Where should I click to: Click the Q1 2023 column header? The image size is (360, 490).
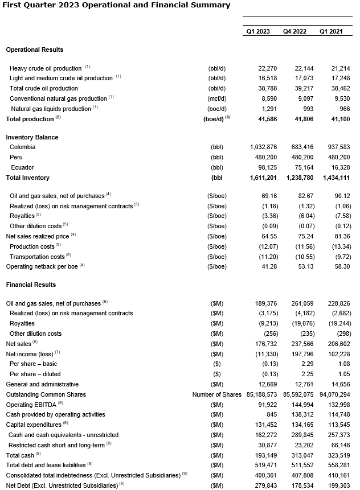[x=258, y=32]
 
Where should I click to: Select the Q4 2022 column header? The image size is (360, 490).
[x=294, y=32]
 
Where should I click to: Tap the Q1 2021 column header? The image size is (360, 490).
[x=331, y=32]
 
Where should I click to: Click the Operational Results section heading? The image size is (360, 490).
[x=35, y=50]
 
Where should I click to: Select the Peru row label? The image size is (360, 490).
[x=16, y=157]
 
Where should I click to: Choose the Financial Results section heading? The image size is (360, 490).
[x=31, y=285]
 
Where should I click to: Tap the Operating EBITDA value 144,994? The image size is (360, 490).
[x=299, y=405]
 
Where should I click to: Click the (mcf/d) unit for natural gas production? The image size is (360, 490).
[x=217, y=98]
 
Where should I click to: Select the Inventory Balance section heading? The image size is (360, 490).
[x=32, y=137]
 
